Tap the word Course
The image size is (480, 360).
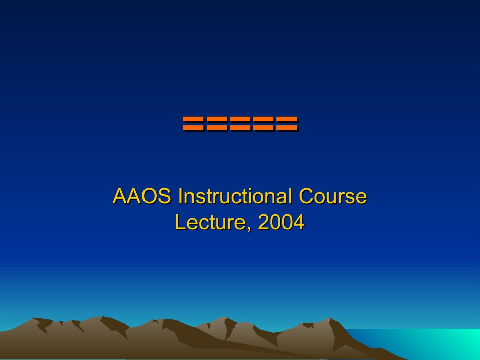(x=332, y=196)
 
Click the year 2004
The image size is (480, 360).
(x=281, y=222)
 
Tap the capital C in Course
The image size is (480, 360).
(x=306, y=196)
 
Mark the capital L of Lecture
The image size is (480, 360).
(x=180, y=222)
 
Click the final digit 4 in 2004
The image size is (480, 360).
(x=299, y=222)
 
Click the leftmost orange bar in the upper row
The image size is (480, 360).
(x=193, y=120)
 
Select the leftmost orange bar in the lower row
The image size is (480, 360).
(x=193, y=127)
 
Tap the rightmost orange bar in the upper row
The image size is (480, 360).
(x=286, y=120)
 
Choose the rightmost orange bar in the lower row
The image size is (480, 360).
(x=286, y=127)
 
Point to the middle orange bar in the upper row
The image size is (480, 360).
(x=239, y=120)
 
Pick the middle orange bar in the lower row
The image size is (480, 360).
(x=239, y=127)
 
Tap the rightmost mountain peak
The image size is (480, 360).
(x=329, y=319)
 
